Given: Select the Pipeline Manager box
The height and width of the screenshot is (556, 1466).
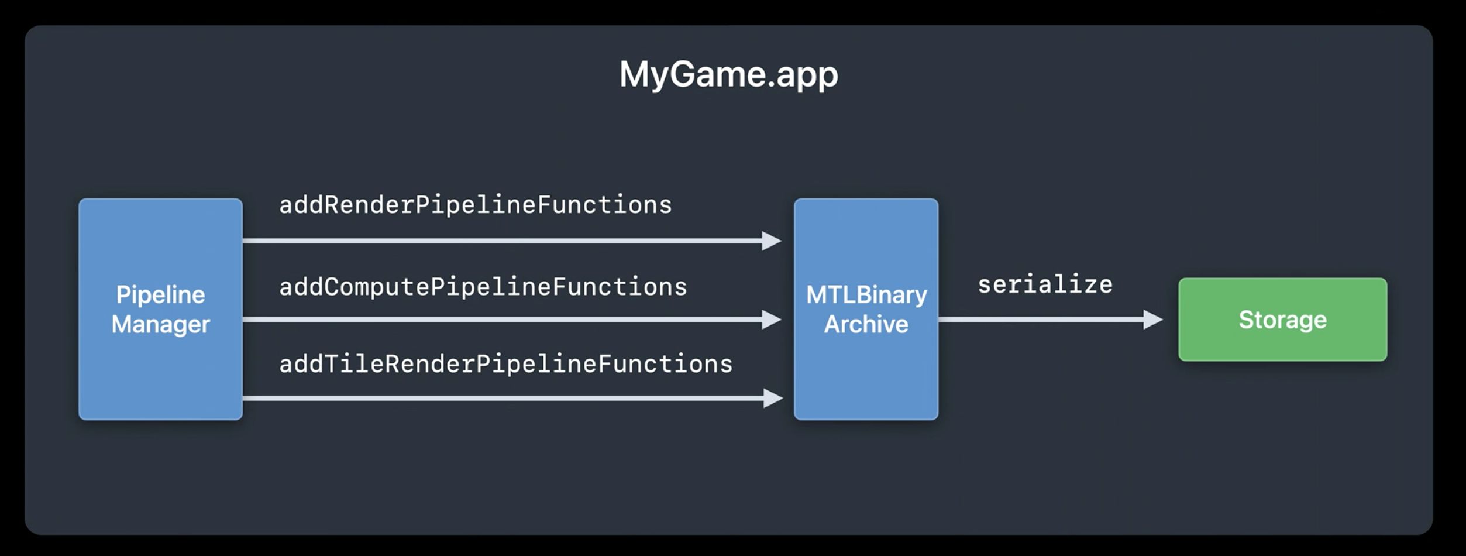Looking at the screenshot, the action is pyautogui.click(x=161, y=309).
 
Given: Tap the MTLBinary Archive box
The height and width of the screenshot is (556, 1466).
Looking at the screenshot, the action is pyautogui.click(x=866, y=309).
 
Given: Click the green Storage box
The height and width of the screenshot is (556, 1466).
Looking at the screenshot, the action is pyautogui.click(x=1282, y=320).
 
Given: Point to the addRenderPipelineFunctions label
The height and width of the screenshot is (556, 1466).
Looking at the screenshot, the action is pyautogui.click(x=476, y=205).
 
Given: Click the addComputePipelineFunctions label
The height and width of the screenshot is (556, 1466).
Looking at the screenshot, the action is pyautogui.click(x=483, y=287).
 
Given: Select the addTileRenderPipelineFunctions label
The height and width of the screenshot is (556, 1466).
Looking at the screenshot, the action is pyautogui.click(x=506, y=364).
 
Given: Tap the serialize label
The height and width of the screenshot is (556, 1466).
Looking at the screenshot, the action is pyautogui.click(x=1045, y=284).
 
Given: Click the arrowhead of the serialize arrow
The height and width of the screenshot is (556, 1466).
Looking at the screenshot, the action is pyautogui.click(x=1153, y=320).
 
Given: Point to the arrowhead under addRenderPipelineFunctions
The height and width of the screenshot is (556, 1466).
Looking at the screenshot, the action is pyautogui.click(x=772, y=241).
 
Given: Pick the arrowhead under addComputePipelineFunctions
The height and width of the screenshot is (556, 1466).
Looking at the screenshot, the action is pyautogui.click(x=772, y=320).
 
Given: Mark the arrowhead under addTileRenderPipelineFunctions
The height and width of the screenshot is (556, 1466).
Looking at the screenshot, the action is pyautogui.click(x=773, y=399).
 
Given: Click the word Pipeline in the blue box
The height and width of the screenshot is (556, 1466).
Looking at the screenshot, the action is pyautogui.click(x=161, y=295).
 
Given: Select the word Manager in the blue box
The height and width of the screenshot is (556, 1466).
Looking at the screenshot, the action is pyautogui.click(x=161, y=324).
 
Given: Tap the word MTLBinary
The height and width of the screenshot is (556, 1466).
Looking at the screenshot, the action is pyautogui.click(x=866, y=295).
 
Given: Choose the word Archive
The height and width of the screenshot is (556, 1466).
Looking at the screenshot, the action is pyautogui.click(x=866, y=324).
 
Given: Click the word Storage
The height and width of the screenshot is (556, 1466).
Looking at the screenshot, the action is pyautogui.click(x=1282, y=320).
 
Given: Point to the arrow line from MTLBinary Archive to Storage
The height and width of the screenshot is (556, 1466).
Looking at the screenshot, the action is pyautogui.click(x=1051, y=320).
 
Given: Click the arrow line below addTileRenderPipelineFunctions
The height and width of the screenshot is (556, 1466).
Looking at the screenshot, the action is pyautogui.click(x=513, y=399).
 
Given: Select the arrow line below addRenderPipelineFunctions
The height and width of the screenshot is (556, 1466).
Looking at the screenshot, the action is pyautogui.click(x=512, y=241).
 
